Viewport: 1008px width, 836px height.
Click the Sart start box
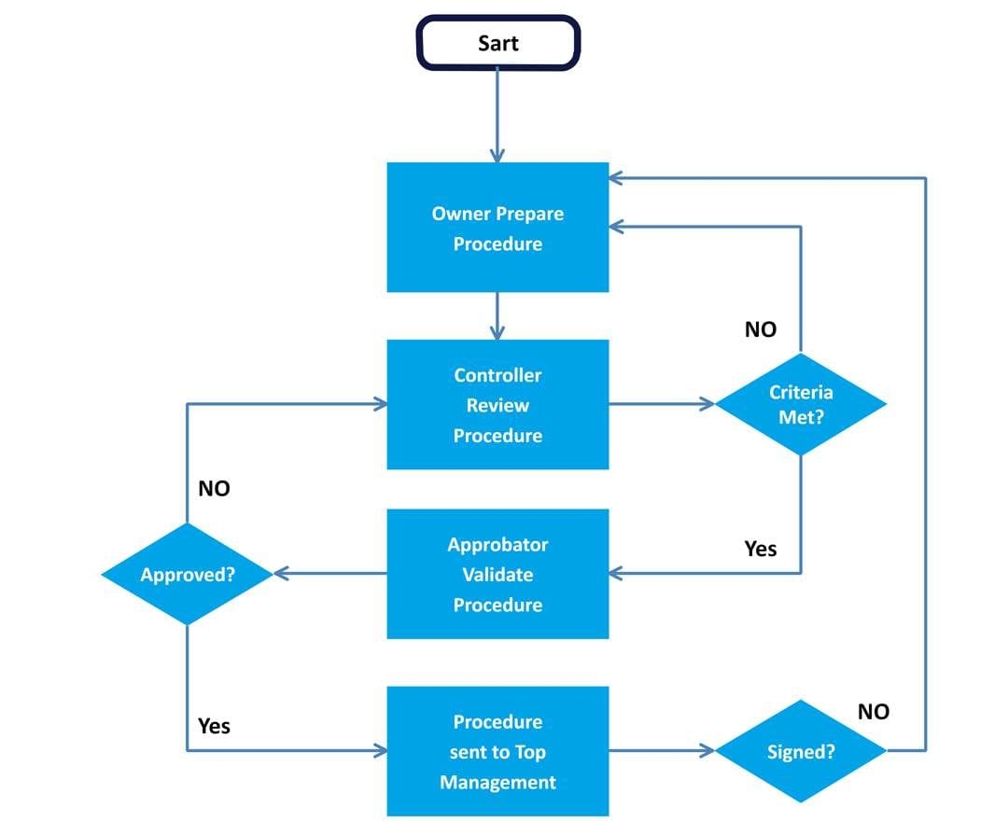[x=497, y=43]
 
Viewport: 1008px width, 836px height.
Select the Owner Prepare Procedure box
[x=497, y=228]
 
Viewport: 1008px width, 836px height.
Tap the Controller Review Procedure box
[x=497, y=405]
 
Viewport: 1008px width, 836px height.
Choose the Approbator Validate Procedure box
[x=497, y=574]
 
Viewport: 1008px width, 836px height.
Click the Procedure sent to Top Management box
[x=497, y=751]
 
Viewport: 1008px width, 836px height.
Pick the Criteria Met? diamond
[x=801, y=404]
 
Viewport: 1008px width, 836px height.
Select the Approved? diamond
[x=188, y=574]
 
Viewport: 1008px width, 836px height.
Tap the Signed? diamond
[x=801, y=751]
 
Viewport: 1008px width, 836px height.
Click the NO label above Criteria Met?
[x=760, y=329]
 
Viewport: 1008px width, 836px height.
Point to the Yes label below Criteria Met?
[x=760, y=549]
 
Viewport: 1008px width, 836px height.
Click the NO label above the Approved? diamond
[x=214, y=488]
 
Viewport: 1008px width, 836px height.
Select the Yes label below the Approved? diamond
[x=214, y=725]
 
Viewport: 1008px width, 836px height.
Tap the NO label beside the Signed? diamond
[x=873, y=712]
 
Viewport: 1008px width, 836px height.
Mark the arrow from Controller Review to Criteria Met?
[x=662, y=404]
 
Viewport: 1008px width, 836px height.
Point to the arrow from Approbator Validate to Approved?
[x=330, y=574]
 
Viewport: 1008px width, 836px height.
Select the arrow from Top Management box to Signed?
[x=662, y=750]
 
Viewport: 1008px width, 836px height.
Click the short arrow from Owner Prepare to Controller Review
[x=497, y=316]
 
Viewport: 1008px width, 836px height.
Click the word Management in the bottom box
[x=497, y=782]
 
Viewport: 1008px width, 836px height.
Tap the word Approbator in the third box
[x=497, y=544]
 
